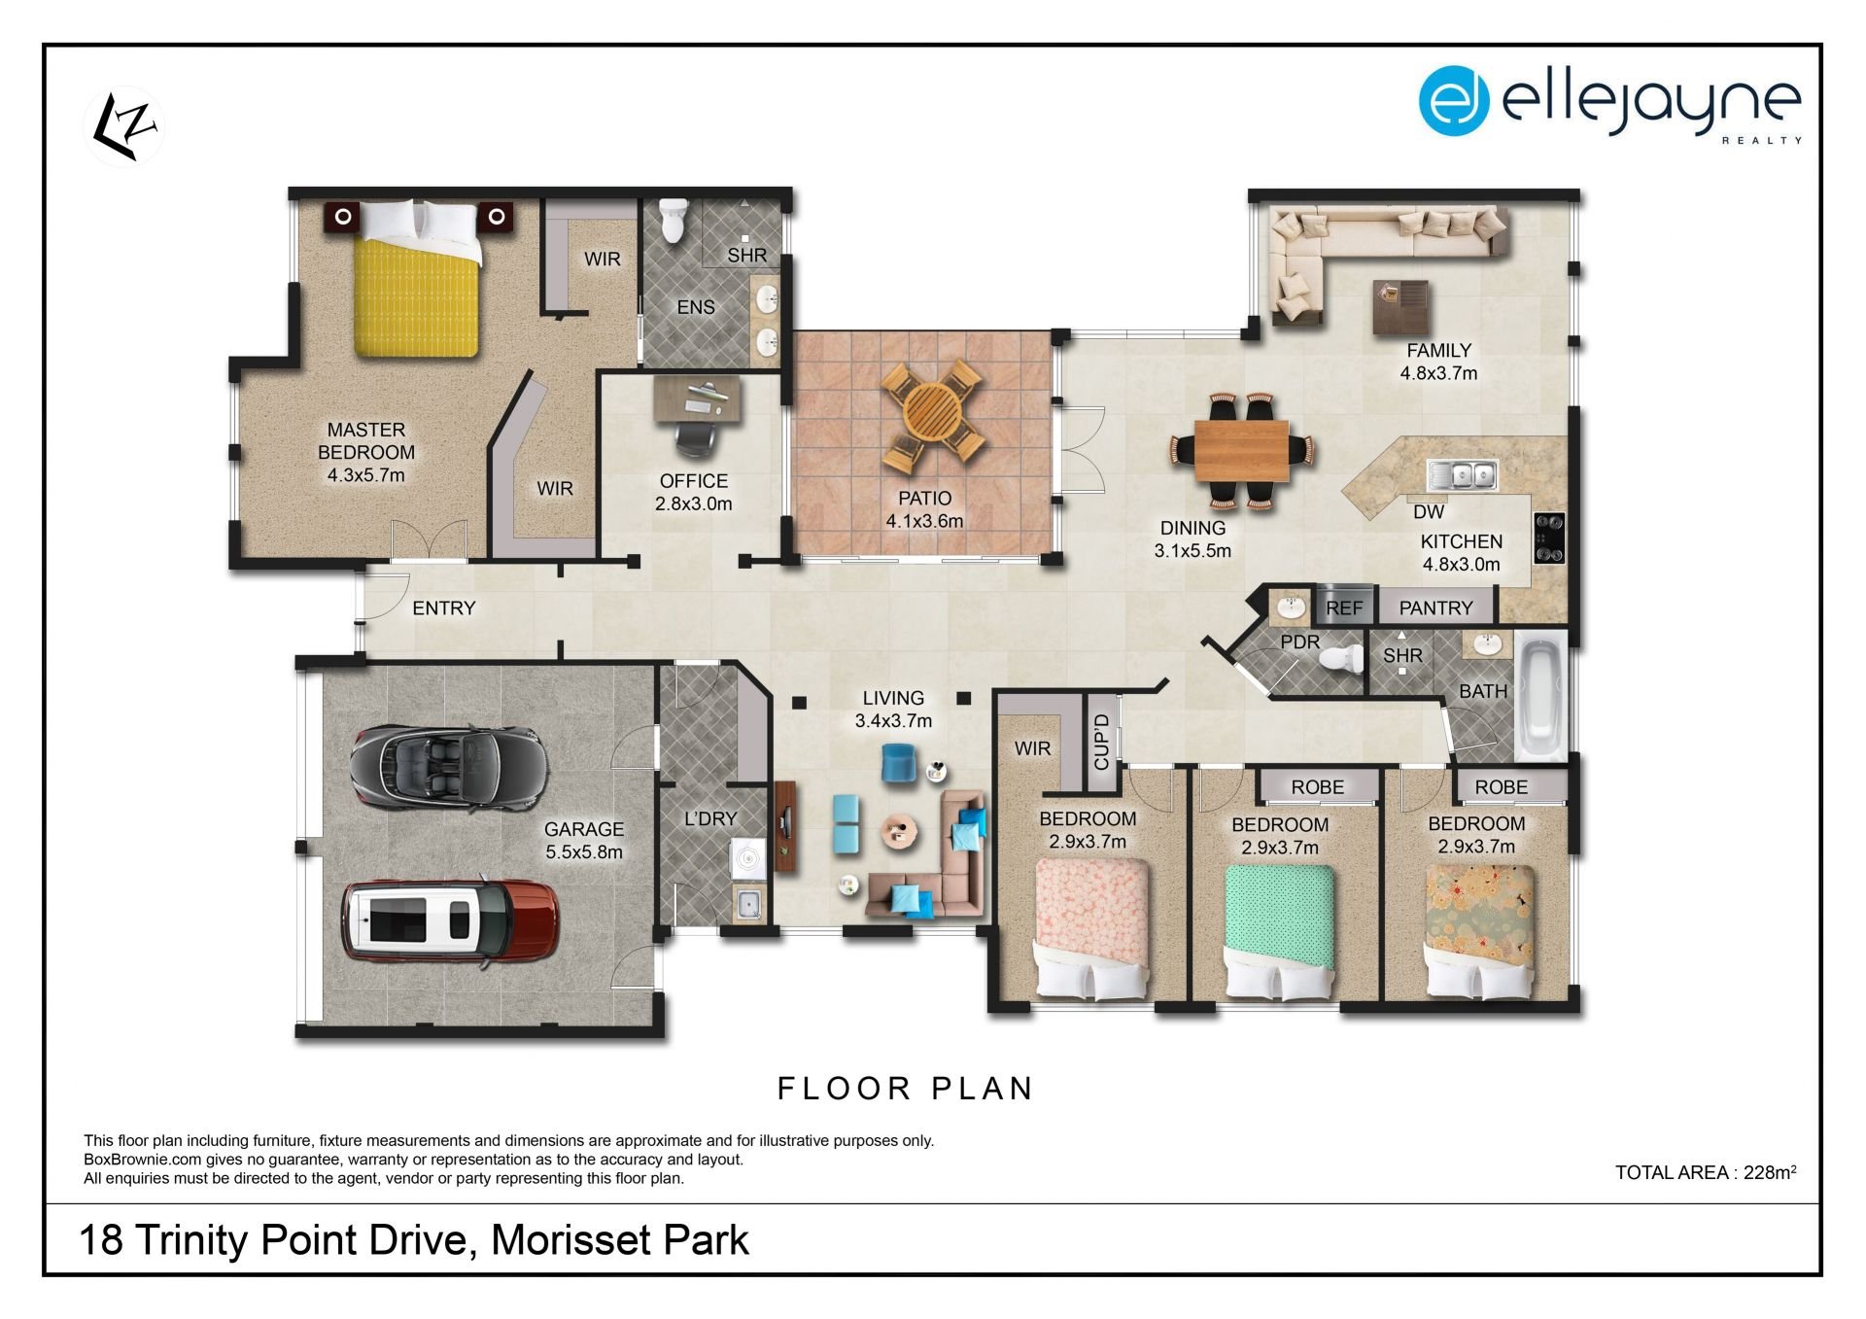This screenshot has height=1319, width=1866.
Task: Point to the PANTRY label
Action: tap(1435, 608)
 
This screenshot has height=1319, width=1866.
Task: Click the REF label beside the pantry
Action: tap(1344, 608)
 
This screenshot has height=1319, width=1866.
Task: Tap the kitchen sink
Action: tap(1462, 475)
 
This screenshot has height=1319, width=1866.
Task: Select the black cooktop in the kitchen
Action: tap(1548, 538)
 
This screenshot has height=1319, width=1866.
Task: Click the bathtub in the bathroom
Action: tap(1540, 697)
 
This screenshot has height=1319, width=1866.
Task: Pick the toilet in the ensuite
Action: tap(673, 221)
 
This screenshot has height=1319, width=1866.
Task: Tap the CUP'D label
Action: tap(1101, 742)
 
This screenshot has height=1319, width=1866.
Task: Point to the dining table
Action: tap(1241, 450)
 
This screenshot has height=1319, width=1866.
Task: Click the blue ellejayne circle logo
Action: tap(1454, 100)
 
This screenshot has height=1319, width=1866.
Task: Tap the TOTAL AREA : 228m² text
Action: tap(1706, 1172)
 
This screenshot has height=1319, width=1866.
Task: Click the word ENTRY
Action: tap(444, 608)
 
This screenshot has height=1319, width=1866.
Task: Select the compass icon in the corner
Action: tap(125, 126)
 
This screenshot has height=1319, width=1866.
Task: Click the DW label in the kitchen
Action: tap(1429, 511)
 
